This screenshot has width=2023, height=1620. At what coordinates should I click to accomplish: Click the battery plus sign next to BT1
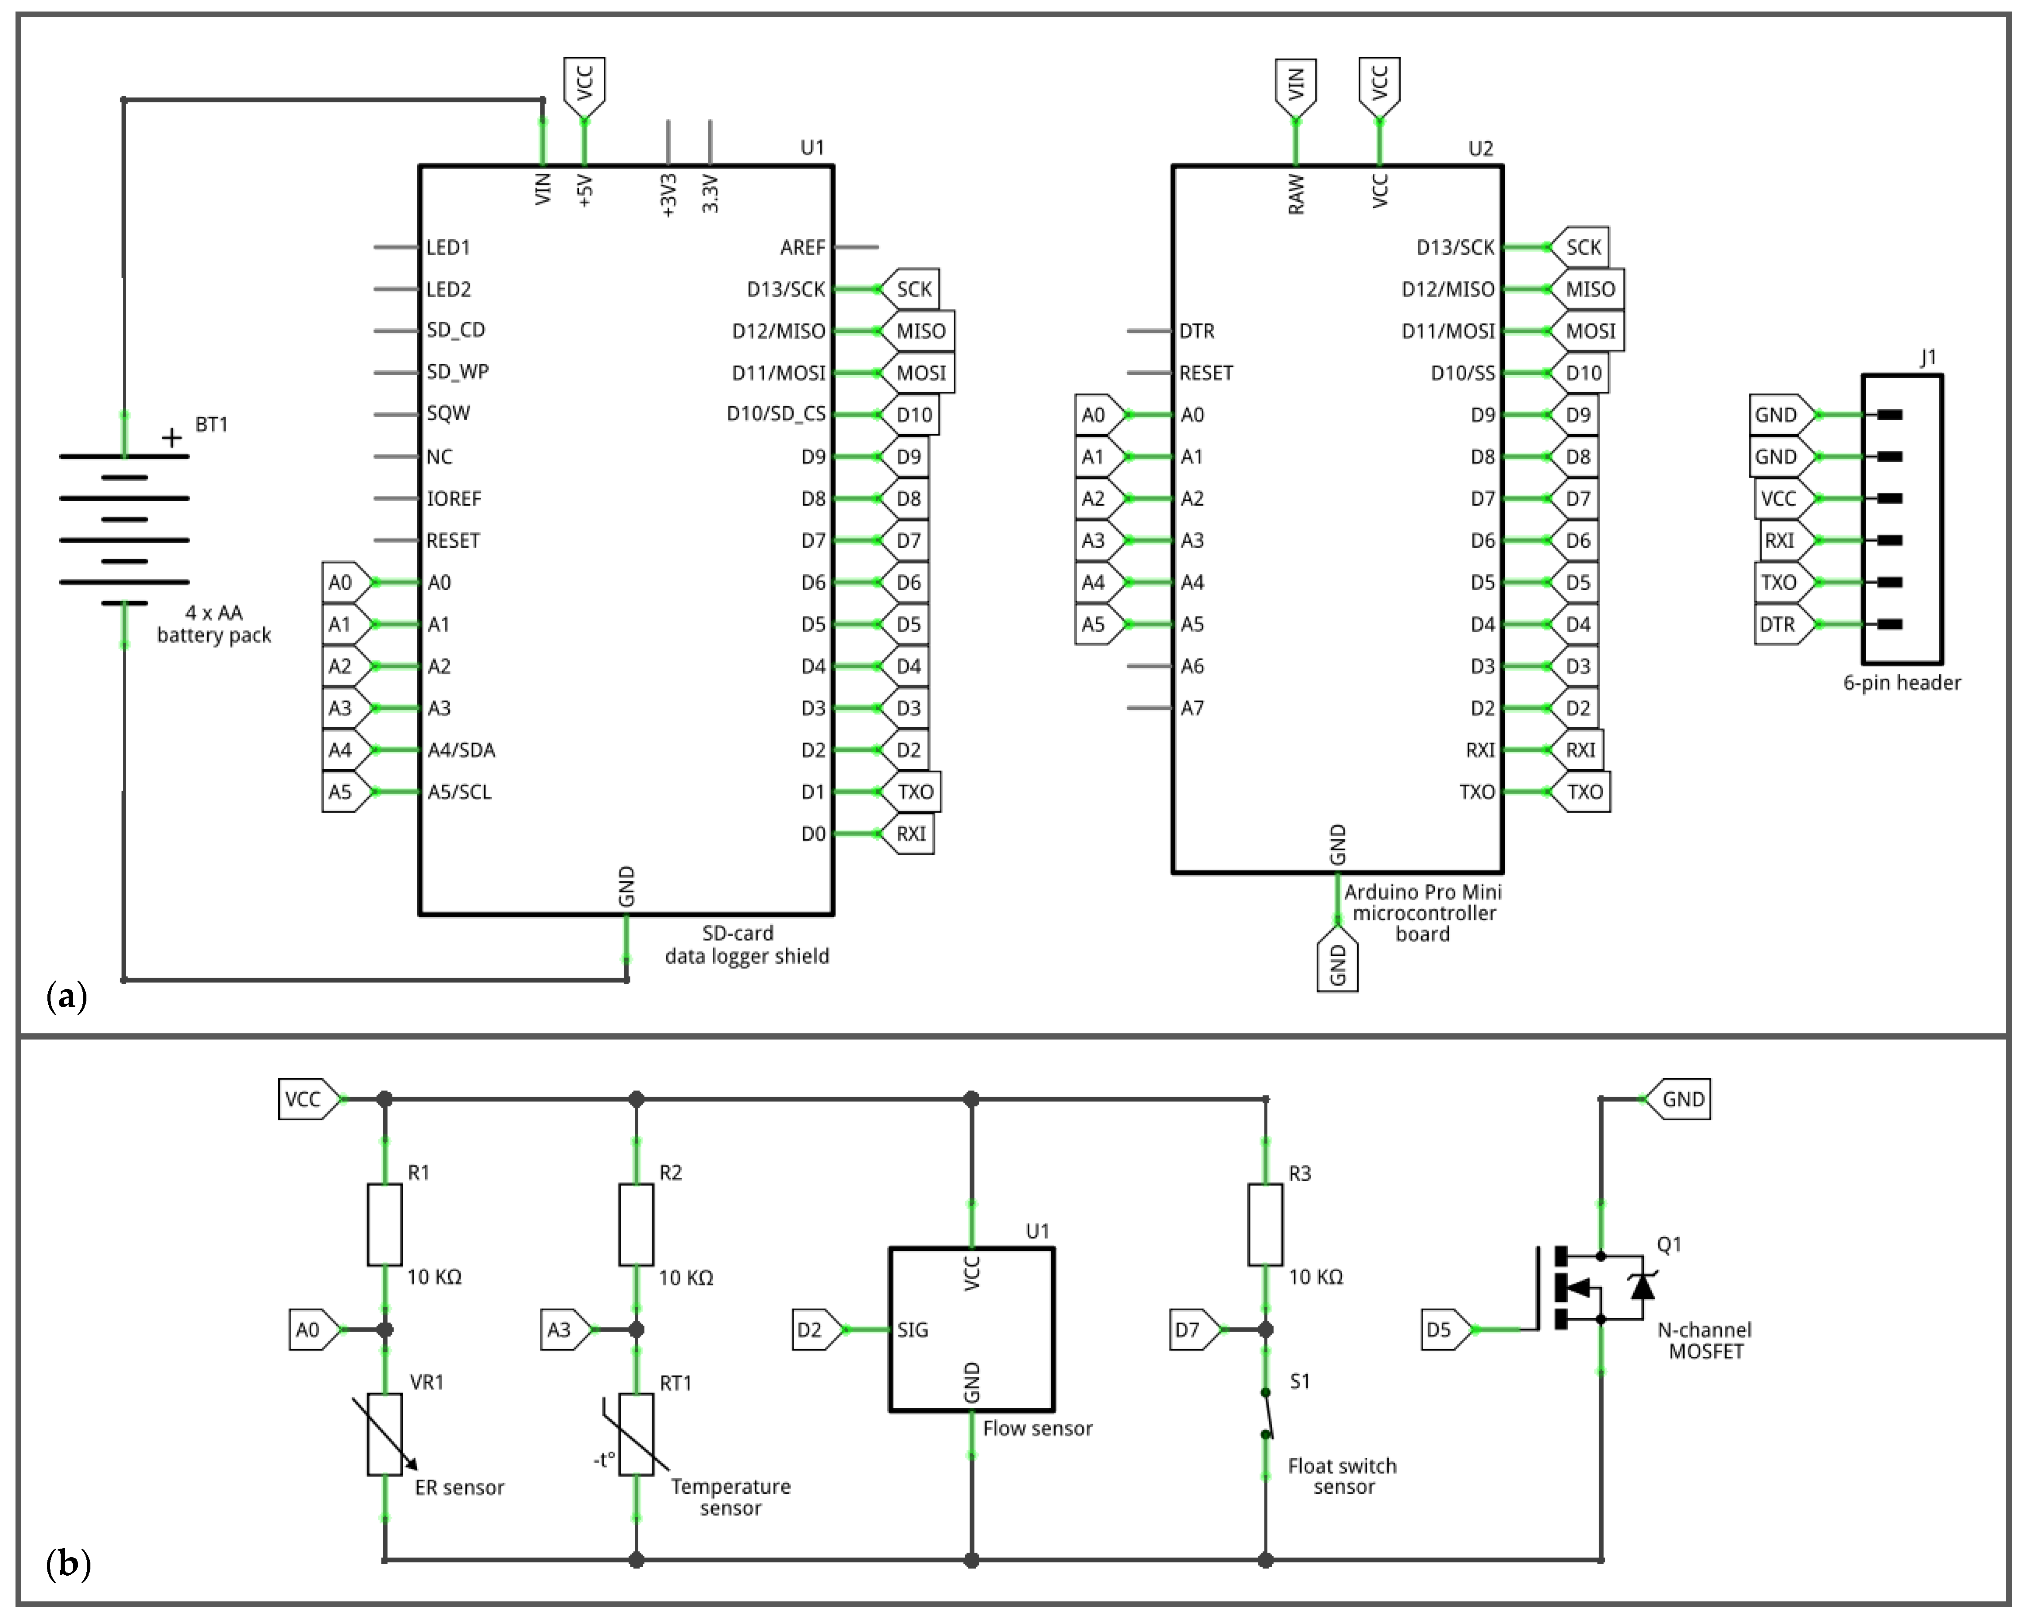click(x=172, y=437)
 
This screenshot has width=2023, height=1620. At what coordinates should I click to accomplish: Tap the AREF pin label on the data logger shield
click(x=802, y=247)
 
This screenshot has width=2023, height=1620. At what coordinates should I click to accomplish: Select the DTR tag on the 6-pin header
click(x=1778, y=624)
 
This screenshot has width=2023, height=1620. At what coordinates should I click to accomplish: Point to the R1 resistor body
click(x=384, y=1224)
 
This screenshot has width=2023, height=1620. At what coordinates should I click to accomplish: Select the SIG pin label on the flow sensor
click(x=912, y=1329)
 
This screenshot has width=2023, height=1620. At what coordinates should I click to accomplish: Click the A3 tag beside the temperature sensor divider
click(x=561, y=1329)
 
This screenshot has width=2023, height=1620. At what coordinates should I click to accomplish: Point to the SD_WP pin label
click(x=457, y=372)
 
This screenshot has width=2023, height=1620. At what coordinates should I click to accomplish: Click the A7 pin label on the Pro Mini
click(x=1192, y=708)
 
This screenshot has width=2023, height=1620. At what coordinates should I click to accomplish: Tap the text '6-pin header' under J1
click(x=1902, y=682)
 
